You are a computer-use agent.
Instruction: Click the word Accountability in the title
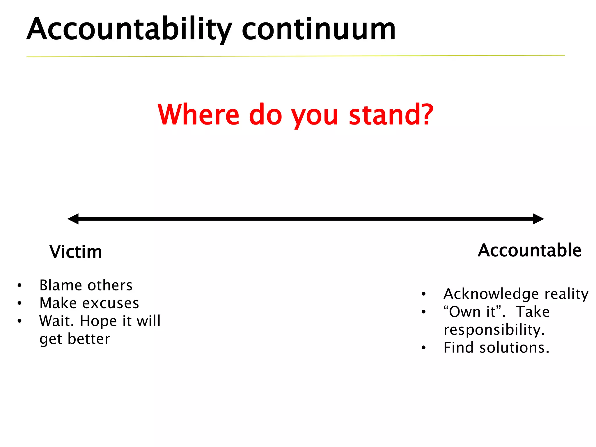point(129,29)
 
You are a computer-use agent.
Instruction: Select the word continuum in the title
point(318,29)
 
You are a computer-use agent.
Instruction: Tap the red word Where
point(198,115)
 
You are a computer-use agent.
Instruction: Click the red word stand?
point(391,115)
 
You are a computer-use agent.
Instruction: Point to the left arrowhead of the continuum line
point(73,219)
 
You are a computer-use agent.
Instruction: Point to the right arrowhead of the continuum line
point(538,219)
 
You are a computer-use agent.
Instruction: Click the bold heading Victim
point(76,252)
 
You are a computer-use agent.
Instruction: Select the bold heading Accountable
point(529,250)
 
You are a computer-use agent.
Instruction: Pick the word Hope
point(98,321)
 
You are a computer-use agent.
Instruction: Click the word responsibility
point(494,330)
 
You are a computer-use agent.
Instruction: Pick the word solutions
point(514,347)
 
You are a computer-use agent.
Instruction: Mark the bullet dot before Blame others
point(19,285)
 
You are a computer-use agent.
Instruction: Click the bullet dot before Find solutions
point(424,347)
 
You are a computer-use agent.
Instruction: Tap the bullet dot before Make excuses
point(19,303)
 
